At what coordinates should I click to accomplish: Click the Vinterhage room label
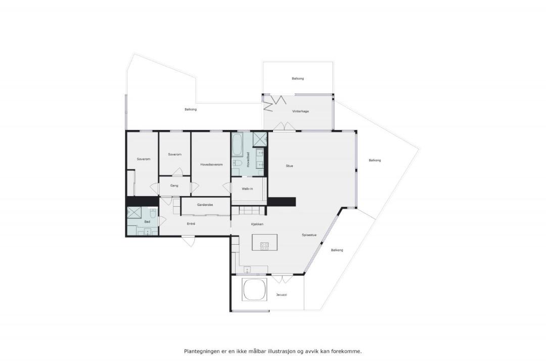tap(300, 111)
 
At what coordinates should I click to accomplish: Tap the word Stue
tap(289, 166)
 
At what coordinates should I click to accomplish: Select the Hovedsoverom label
tap(211, 164)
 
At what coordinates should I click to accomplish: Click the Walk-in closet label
tap(247, 189)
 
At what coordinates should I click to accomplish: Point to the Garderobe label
tap(205, 205)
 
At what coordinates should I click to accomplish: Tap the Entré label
tap(191, 223)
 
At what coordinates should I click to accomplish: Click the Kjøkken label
tap(257, 224)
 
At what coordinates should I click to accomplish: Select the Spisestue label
tap(309, 235)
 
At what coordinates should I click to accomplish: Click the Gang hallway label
tap(174, 186)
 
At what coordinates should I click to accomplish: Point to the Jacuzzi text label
tap(282, 295)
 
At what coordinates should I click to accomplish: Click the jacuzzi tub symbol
tap(255, 289)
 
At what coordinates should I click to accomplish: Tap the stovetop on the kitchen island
tap(264, 246)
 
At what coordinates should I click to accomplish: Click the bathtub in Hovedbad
tap(238, 145)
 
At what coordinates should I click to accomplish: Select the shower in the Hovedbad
tap(260, 140)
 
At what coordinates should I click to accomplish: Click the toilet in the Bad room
tap(153, 212)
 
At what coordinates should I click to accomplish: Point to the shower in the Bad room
tap(134, 212)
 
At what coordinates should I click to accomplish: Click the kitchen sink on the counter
tap(247, 269)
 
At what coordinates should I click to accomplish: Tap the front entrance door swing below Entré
tap(189, 241)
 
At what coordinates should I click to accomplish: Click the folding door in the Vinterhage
tap(275, 103)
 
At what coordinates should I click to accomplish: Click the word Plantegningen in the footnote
tap(202, 351)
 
